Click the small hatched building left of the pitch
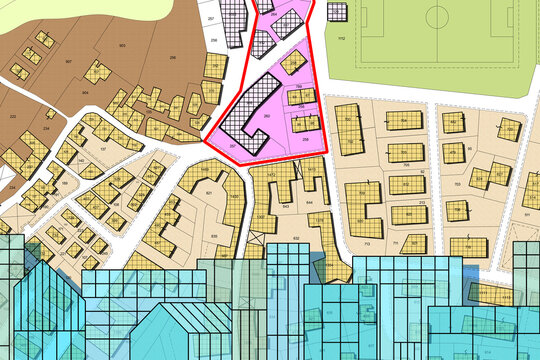[x=337, y=13]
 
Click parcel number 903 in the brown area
[x=121, y=46]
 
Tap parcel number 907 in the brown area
[x=68, y=62]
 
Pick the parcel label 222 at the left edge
[x=12, y=116]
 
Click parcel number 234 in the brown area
[x=47, y=129]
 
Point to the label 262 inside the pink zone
[x=266, y=116]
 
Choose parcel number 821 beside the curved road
[x=208, y=192]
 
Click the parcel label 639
[x=213, y=236]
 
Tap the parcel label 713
[x=367, y=243]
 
